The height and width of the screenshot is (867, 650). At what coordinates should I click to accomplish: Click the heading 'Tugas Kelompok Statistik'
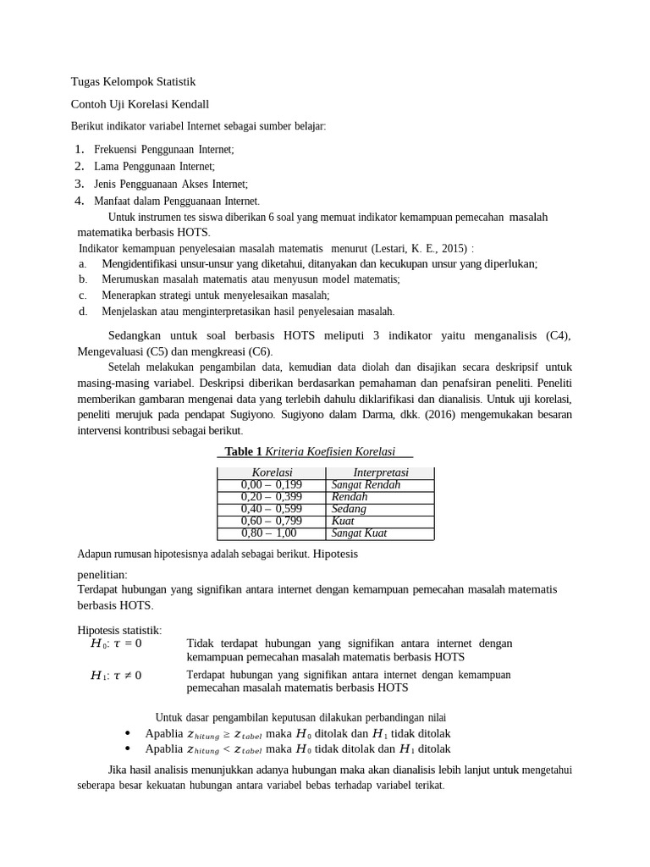click(133, 82)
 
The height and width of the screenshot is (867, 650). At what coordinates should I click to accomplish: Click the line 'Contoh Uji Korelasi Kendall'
click(140, 104)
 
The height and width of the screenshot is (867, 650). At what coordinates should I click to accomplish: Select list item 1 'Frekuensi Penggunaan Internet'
click(163, 149)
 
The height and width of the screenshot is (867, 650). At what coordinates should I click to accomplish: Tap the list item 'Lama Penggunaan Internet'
click(154, 167)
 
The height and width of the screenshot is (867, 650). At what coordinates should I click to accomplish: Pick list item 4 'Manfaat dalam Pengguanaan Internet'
click(177, 202)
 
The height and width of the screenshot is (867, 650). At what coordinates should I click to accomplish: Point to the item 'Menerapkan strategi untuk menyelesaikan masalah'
click(215, 295)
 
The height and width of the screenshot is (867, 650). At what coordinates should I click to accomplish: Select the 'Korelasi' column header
click(272, 472)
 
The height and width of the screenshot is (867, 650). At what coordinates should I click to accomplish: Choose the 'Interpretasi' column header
click(380, 472)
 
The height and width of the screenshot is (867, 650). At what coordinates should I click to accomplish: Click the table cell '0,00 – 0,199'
click(271, 485)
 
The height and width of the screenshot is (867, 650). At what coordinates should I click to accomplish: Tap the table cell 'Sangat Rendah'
click(366, 485)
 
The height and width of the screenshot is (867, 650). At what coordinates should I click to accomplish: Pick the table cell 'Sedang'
click(349, 509)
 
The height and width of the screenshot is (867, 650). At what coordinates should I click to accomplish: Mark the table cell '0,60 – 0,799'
click(271, 521)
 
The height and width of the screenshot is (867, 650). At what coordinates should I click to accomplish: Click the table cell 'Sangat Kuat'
click(359, 533)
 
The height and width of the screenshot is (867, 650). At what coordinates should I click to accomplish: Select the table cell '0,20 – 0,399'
click(271, 497)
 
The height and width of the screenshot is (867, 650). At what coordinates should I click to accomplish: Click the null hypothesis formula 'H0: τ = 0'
click(116, 643)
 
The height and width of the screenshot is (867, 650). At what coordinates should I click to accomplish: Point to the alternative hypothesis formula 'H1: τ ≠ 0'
click(116, 676)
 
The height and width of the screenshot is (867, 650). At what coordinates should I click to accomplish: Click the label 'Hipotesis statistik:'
click(119, 630)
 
